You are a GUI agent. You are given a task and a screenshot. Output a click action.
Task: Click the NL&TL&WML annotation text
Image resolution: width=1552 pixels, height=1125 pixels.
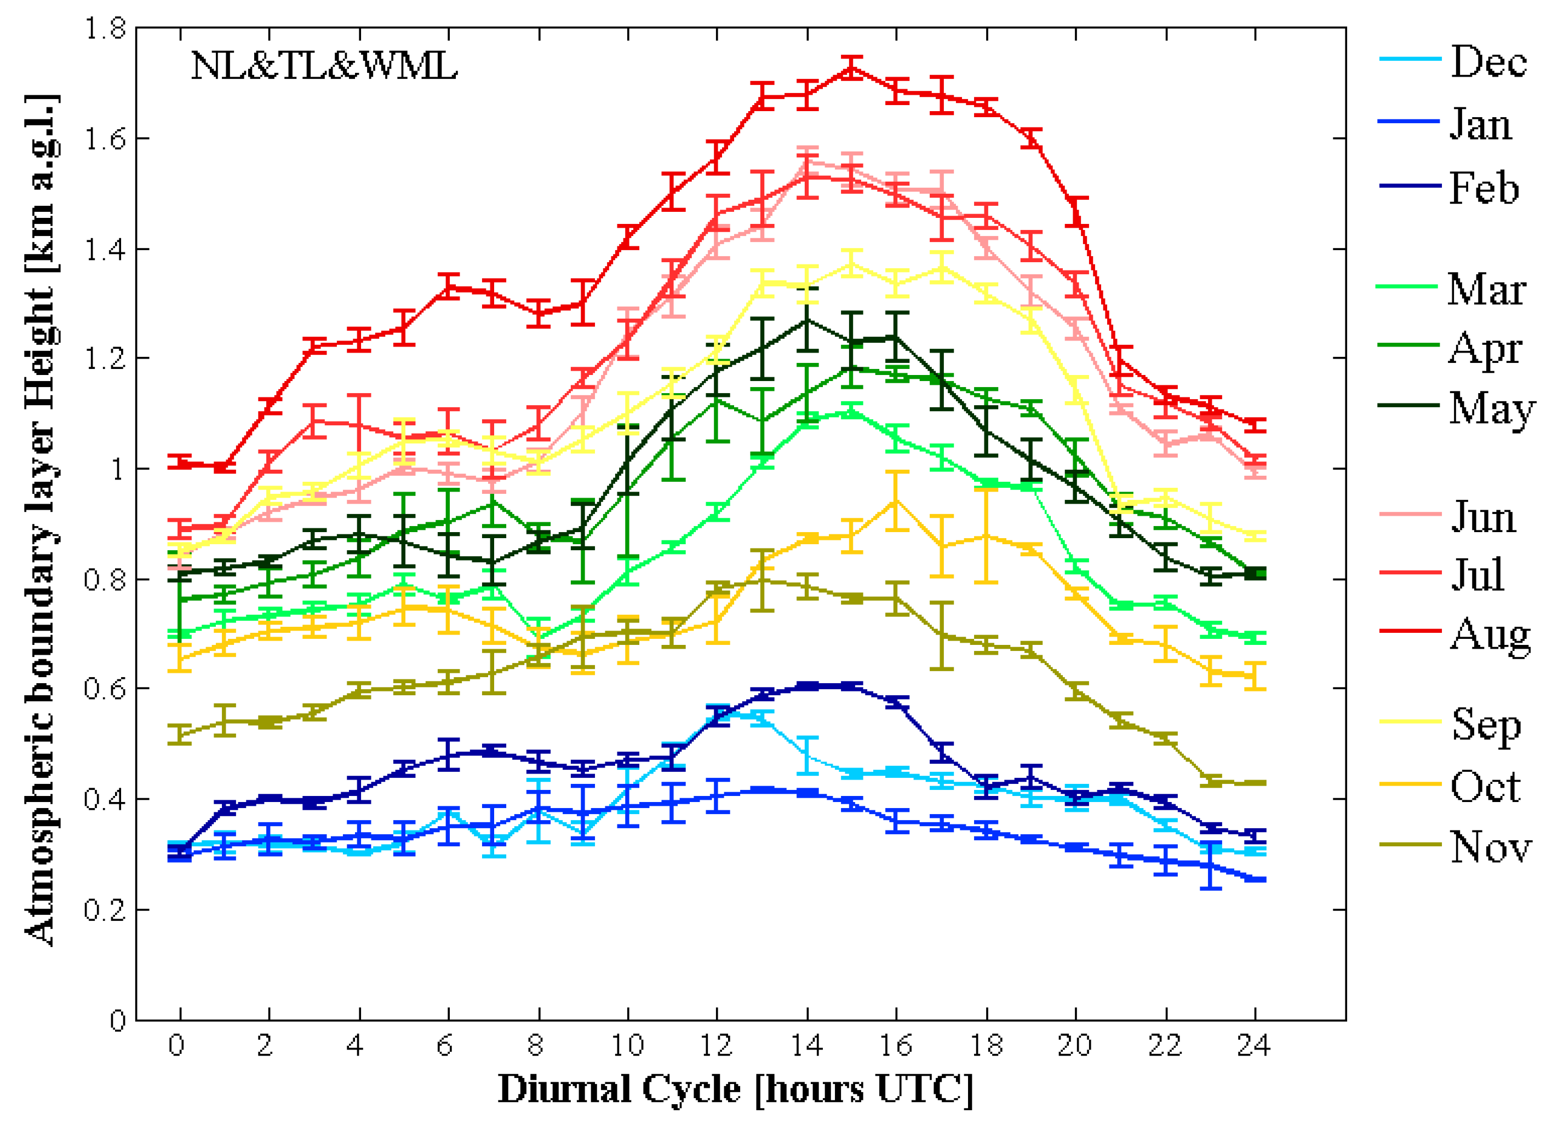pyautogui.click(x=324, y=66)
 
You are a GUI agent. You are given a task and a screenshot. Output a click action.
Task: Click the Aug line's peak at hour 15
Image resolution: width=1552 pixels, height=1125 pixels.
pyautogui.click(x=851, y=68)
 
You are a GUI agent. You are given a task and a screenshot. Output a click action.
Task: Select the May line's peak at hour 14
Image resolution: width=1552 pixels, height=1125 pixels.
pyautogui.click(x=808, y=319)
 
